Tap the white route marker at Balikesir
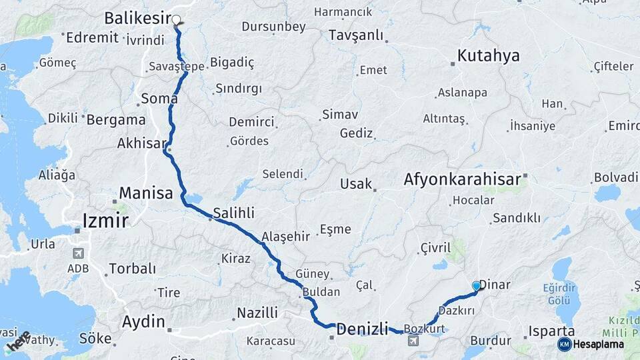177,20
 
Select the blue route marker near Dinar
476,286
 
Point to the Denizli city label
362,328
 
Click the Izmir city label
105,221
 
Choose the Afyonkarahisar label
462,179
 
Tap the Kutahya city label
488,55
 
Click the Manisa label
146,194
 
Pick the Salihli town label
234,214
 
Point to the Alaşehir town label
286,237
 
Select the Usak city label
355,184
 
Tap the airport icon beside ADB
79,254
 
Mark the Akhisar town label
141,143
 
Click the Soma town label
159,99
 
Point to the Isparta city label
551,331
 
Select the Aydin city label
143,322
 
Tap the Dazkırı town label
457,311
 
